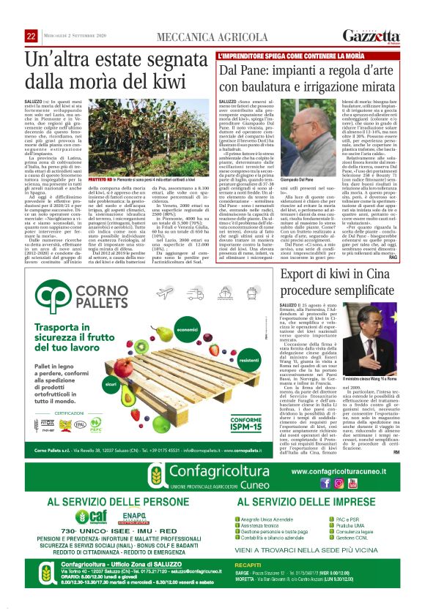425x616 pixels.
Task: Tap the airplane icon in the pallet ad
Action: pyautogui.click(x=164, y=293)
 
